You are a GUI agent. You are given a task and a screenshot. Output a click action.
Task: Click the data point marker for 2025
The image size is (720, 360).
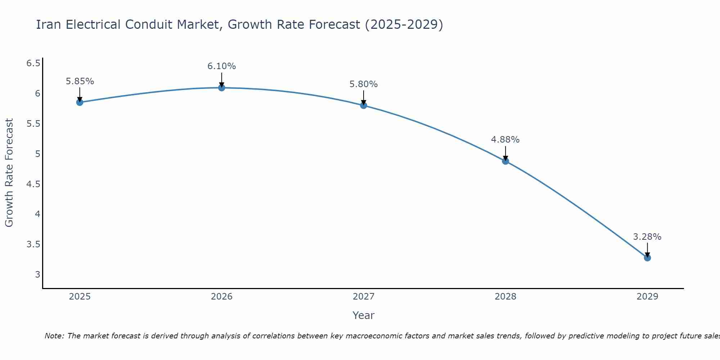coord(80,102)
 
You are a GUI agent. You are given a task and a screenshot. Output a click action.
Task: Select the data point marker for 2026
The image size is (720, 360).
coord(221,87)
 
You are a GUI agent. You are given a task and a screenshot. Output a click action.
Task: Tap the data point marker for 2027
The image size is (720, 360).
coord(363,105)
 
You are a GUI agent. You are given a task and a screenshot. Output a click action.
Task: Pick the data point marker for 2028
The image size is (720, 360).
coord(505,161)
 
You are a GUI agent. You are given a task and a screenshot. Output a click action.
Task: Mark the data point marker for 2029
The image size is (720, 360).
coord(647,258)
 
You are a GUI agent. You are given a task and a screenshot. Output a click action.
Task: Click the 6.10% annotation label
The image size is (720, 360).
coord(221,66)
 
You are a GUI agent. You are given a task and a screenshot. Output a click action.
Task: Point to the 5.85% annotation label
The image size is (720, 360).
coord(80,81)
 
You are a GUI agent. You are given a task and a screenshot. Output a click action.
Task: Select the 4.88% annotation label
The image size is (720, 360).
coord(505,140)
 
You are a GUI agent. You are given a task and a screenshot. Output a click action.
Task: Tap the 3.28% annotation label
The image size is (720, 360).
coord(647,237)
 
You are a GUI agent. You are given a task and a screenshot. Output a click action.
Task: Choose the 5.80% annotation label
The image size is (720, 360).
coord(363,84)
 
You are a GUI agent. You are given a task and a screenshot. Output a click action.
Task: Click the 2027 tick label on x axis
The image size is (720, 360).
coord(363,297)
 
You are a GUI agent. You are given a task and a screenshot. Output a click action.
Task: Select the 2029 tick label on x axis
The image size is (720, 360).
coord(647,297)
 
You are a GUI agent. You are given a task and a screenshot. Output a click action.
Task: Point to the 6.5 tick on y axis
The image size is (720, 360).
coord(33,63)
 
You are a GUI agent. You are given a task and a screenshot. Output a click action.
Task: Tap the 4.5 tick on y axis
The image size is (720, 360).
coord(33,184)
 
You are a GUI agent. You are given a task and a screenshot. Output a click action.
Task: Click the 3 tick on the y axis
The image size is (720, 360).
coord(37,275)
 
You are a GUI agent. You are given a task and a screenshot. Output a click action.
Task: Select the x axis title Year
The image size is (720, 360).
coord(363,315)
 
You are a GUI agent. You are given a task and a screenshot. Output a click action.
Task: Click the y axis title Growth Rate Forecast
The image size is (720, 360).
coord(9,172)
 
